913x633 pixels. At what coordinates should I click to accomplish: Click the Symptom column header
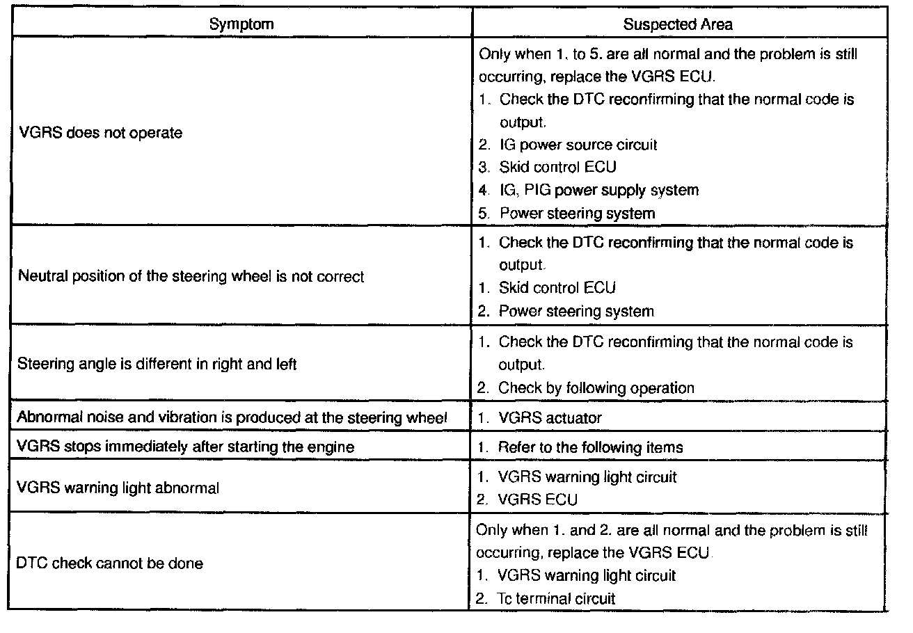tap(241, 24)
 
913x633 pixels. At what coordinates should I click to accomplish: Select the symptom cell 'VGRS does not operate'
tap(100, 133)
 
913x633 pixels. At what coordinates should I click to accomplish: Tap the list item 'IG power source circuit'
tap(578, 145)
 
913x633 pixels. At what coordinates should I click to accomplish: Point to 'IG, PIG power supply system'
tap(598, 190)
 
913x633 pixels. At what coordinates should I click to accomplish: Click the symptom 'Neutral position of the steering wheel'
tap(191, 277)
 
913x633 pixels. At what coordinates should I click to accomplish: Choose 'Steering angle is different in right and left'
tap(157, 364)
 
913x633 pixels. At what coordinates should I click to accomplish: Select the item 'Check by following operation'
tap(596, 388)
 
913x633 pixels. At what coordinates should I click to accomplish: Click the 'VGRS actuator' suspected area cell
tap(550, 418)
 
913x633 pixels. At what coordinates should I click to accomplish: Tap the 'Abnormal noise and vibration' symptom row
tap(232, 418)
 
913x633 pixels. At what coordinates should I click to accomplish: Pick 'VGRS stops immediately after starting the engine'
tap(185, 447)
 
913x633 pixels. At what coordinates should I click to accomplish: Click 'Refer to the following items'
tap(590, 447)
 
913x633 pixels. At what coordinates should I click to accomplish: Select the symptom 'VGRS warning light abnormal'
tap(118, 488)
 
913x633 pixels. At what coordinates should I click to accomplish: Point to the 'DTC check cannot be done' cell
tap(109, 563)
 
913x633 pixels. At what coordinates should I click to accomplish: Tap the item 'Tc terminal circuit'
tap(557, 598)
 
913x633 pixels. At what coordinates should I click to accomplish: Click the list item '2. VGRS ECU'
tap(537, 499)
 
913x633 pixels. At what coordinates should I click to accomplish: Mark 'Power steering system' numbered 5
tap(577, 213)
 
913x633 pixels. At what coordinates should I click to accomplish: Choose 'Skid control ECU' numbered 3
tap(557, 167)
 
